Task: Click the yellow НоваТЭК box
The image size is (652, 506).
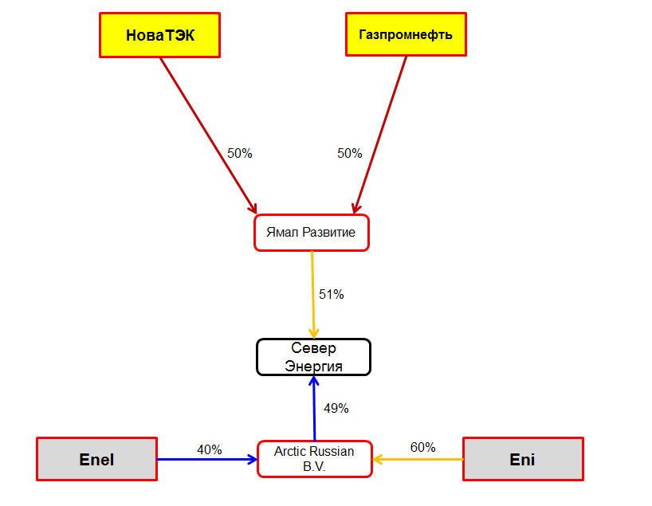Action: pos(159,35)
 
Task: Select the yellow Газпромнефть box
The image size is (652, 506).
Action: pos(406,35)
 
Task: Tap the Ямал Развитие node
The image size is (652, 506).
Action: pos(312,233)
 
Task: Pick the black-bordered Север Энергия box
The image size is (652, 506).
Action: pos(313,357)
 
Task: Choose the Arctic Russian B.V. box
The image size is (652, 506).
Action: pos(314,459)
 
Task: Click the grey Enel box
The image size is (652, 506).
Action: pos(97,459)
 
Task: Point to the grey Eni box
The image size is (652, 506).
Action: pos(523,459)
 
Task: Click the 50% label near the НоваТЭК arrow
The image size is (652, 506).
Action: pos(239,153)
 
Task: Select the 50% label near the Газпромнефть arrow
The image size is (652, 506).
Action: pos(349,153)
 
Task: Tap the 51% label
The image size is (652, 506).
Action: pos(331,294)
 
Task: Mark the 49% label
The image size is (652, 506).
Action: pos(336,408)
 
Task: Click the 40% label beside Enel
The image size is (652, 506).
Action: pos(209,449)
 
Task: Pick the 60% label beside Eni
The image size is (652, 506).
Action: pos(422,448)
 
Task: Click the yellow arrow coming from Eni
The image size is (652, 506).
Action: pos(418,459)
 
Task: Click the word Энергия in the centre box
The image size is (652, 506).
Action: pos(313,366)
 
